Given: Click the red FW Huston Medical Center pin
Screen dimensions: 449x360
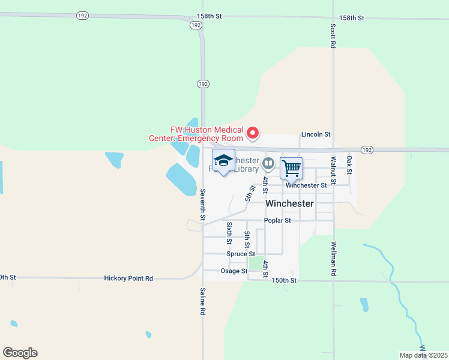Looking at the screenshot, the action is [253, 133].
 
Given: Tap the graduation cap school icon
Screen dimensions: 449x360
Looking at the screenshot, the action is [223, 161].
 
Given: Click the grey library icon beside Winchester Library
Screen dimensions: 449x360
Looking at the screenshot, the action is [268, 163].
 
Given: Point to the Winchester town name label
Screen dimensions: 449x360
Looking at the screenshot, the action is [289, 203].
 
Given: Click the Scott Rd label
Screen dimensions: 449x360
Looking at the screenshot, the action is [333, 35].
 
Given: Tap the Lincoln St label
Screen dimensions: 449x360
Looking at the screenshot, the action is [316, 135].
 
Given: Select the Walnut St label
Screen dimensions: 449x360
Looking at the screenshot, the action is [333, 170].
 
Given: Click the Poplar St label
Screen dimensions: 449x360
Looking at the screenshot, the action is [278, 220].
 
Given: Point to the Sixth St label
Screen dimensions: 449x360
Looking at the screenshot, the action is [229, 233].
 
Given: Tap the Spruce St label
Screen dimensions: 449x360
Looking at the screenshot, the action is [241, 254].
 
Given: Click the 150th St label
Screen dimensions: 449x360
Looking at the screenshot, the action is [285, 280].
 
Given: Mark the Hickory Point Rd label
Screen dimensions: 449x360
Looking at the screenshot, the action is [128, 278].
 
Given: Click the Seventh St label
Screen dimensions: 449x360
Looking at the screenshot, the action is [203, 203].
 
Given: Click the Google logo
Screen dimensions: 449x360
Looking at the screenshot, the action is [20, 353].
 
